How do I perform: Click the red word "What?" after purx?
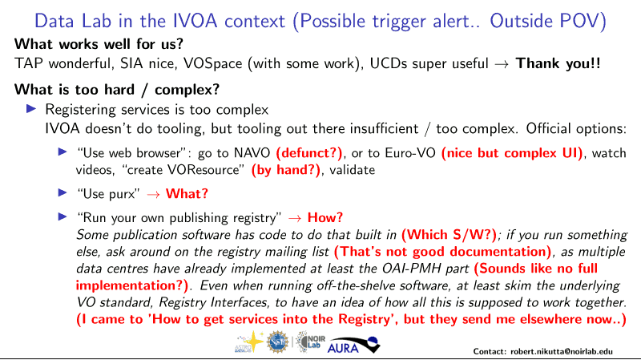[x=187, y=193]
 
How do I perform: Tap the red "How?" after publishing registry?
[x=325, y=217]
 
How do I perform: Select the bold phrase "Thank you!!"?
[x=558, y=63]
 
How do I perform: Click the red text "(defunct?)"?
[x=309, y=153]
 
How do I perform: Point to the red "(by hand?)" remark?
[x=286, y=170]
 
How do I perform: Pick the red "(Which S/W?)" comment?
[x=449, y=235]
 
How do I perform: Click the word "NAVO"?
[x=252, y=153]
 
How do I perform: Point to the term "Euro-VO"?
[x=410, y=153]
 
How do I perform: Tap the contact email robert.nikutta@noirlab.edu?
[x=562, y=351]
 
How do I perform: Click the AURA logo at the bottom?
[x=353, y=345]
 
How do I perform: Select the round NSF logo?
[x=277, y=342]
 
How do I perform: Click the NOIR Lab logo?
[x=310, y=342]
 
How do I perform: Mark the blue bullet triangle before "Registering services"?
[x=31, y=109]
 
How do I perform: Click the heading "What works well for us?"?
[x=99, y=44]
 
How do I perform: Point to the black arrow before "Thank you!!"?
[x=502, y=64]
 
